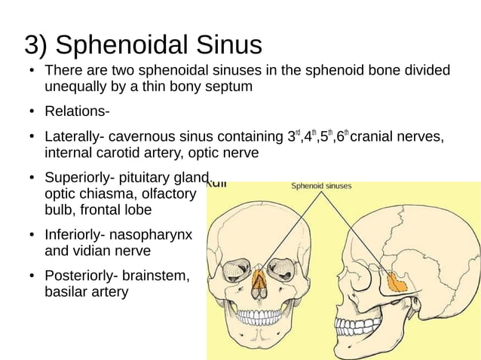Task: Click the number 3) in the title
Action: [x=37, y=44]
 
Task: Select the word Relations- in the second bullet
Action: [x=77, y=112]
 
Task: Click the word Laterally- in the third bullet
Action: [x=75, y=138]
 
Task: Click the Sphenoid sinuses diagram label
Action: [x=321, y=186]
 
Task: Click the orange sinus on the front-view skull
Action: [x=260, y=282]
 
